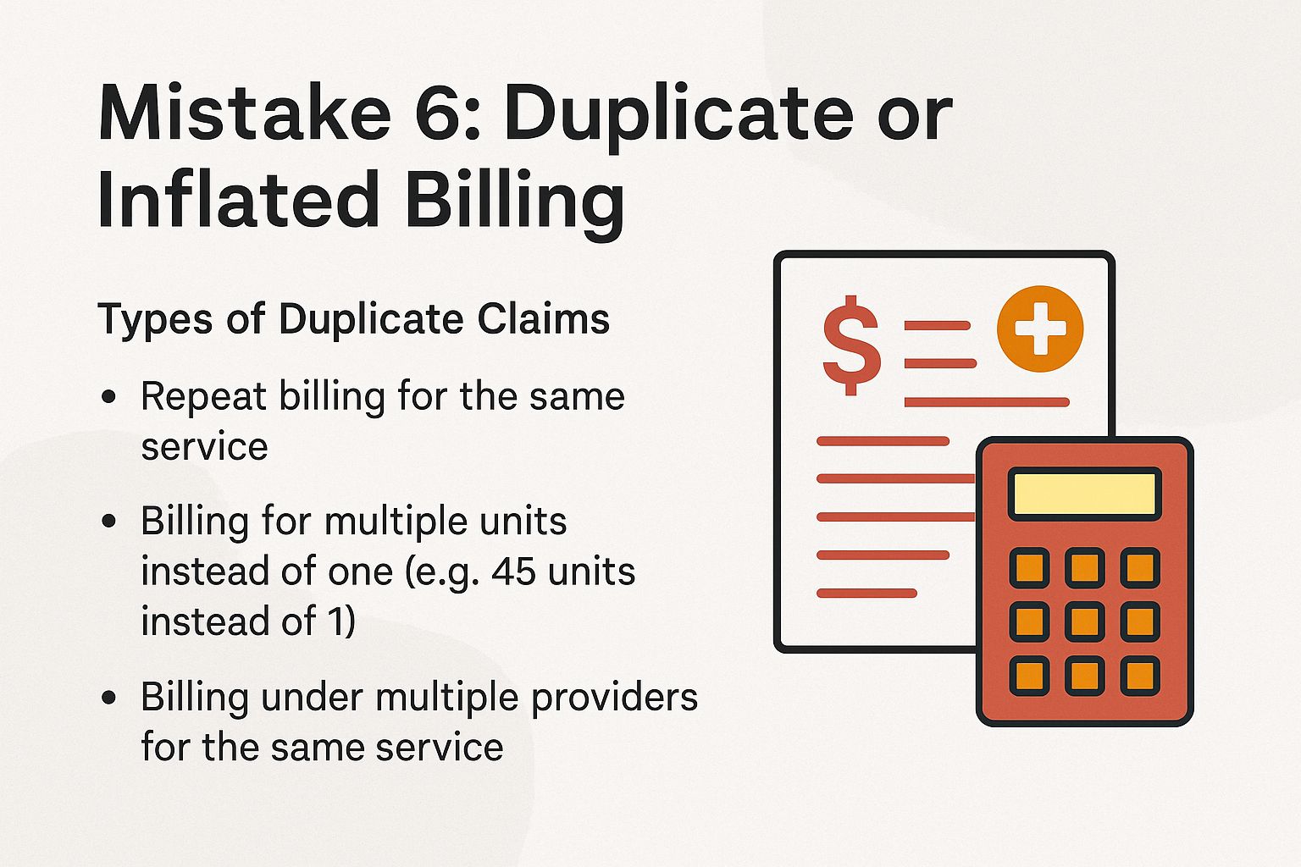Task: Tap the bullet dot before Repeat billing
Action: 108,396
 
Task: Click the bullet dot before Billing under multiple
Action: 108,698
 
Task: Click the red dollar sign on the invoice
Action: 851,345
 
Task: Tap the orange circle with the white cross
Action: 1039,329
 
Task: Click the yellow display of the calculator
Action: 1084,494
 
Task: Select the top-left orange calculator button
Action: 1029,567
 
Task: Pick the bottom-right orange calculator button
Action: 1139,676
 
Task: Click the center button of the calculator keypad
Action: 1084,621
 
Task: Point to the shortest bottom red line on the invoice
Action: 866,593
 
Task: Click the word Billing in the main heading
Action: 514,200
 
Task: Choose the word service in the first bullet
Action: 204,447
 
